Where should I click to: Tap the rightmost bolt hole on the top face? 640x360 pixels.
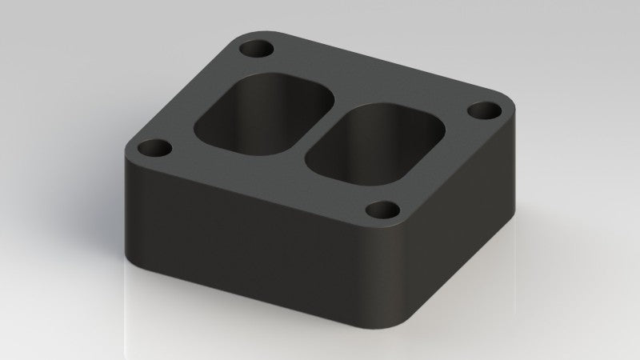point(482,110)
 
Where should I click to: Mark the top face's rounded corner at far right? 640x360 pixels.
point(508,112)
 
